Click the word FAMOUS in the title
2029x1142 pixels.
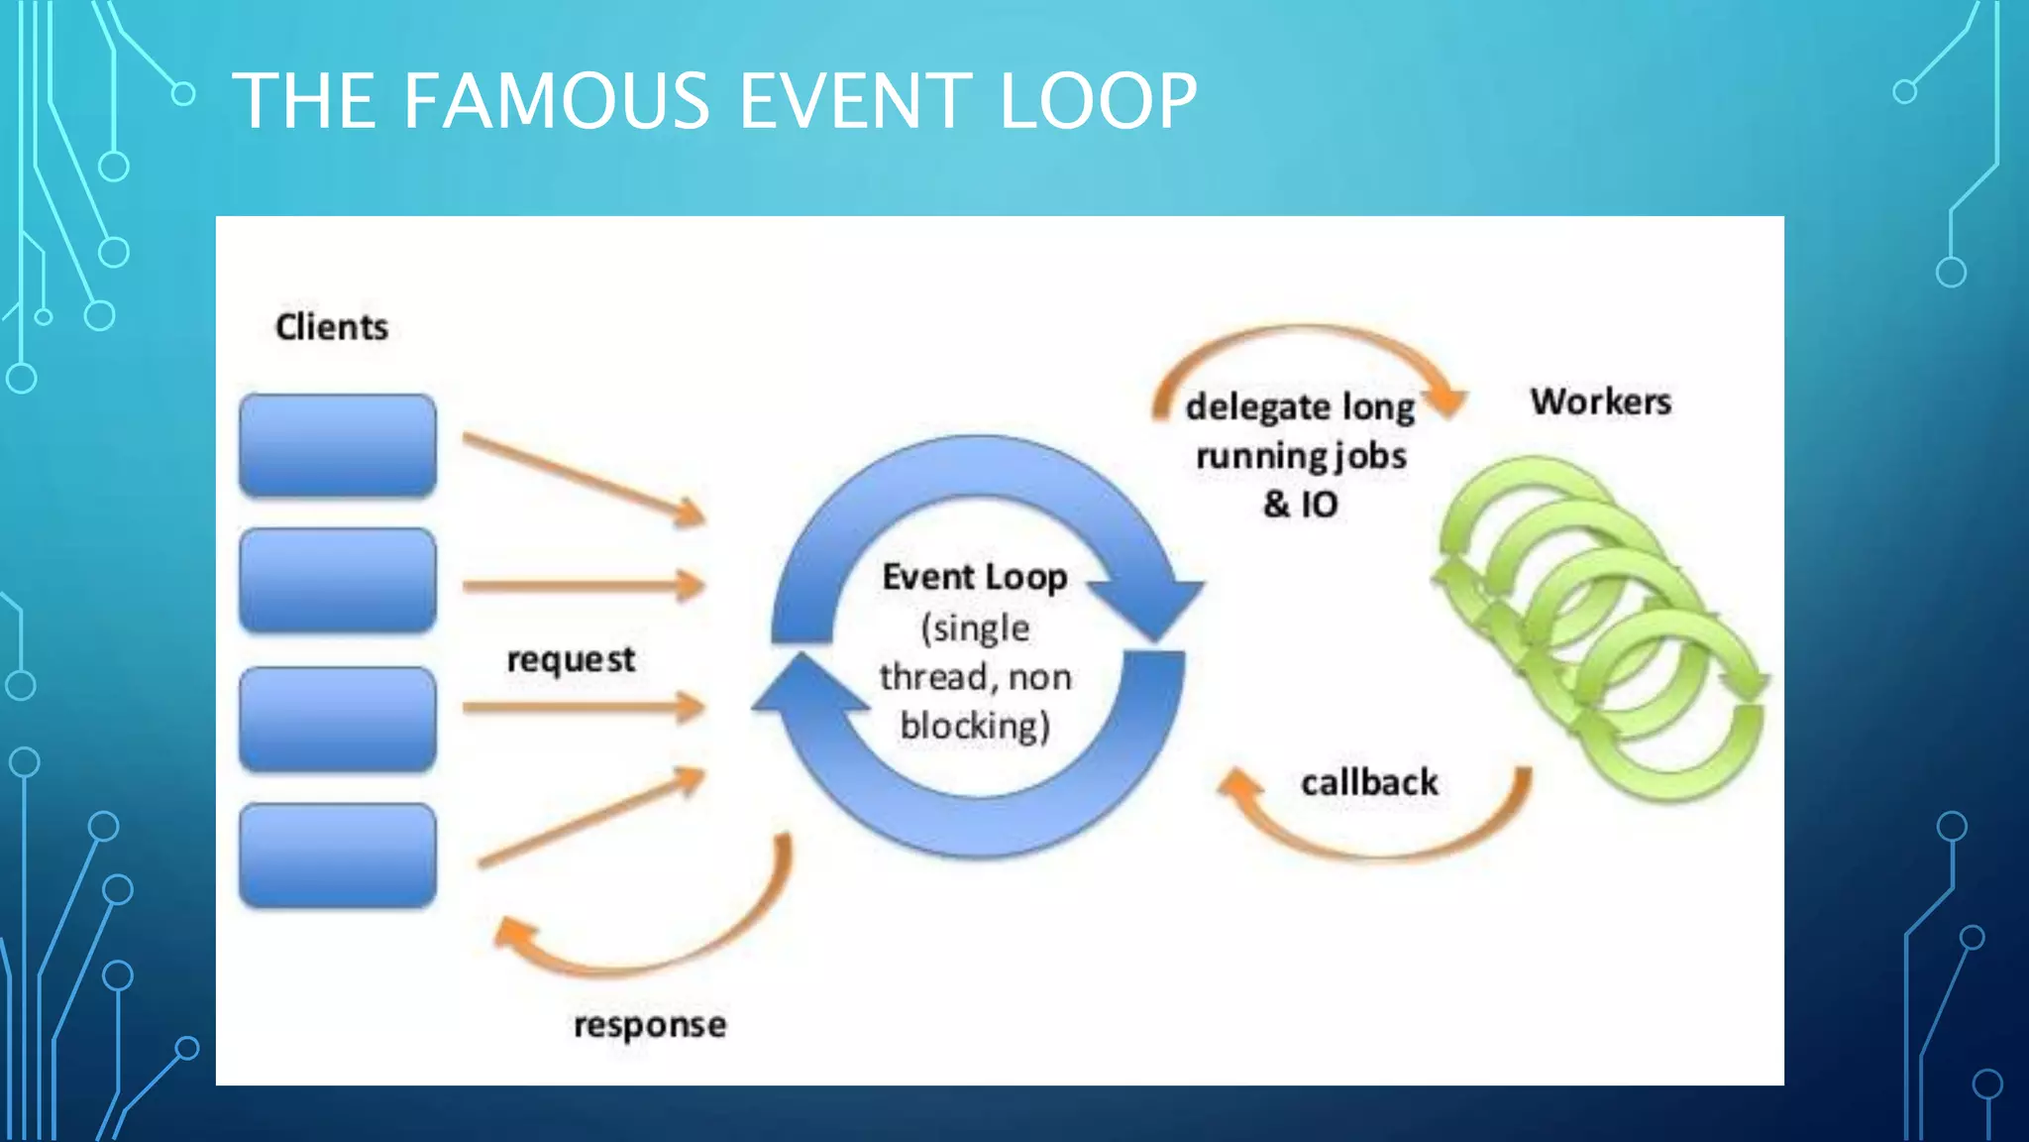556,101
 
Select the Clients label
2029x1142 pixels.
331,327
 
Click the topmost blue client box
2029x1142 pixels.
338,445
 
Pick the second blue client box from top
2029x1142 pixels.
338,580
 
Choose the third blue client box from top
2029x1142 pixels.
338,719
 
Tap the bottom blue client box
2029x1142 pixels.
338,856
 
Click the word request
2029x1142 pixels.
571,660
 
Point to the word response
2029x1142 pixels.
650,1024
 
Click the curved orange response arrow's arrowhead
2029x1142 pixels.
514,934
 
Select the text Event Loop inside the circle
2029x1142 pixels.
975,577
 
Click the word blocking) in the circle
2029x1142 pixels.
975,726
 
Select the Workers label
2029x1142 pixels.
1600,401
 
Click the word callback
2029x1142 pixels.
1369,782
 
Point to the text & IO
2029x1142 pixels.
1300,505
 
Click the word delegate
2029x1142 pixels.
1257,407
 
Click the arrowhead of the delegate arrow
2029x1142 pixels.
1447,400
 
